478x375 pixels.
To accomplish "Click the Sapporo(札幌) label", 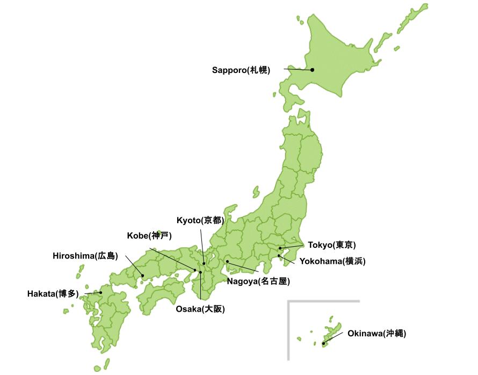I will [241, 70].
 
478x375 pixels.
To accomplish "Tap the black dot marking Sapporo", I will [312, 70].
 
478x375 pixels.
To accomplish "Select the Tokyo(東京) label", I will [331, 245].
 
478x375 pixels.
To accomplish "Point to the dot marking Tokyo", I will [280, 248].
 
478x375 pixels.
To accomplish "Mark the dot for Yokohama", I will [279, 255].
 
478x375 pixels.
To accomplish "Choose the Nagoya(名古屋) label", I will [258, 281].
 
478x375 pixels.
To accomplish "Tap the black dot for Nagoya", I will [228, 262].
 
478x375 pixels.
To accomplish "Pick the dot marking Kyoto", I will [204, 263].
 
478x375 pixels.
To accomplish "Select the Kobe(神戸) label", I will [149, 236].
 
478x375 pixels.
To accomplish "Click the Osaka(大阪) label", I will [200, 308].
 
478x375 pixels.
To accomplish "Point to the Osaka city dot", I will [201, 273].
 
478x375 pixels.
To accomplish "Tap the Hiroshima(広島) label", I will [85, 255].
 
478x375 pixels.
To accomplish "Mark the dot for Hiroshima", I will [142, 276].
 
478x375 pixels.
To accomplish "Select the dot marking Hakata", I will [100, 292].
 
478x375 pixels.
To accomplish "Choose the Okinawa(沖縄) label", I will [377, 333].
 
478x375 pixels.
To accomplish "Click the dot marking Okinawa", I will [323, 343].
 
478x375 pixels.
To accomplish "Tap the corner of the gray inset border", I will [289, 302].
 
